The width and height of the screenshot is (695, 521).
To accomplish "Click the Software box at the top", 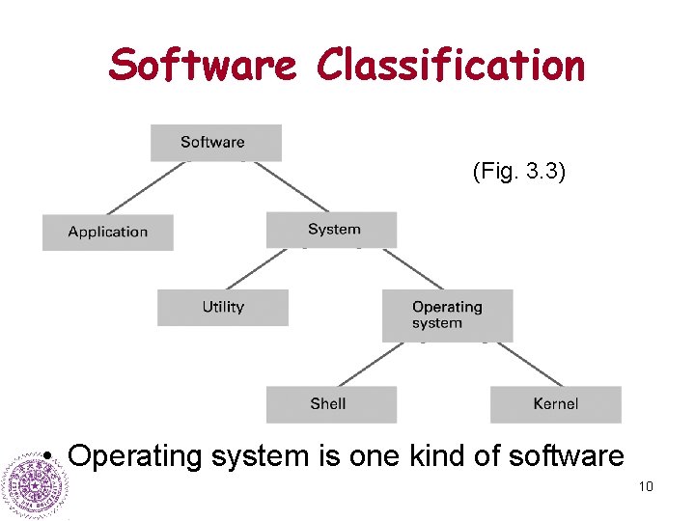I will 215,143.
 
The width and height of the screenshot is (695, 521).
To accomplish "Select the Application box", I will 108,233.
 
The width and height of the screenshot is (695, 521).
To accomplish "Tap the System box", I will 331,230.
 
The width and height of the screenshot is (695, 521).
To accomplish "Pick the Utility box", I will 223,308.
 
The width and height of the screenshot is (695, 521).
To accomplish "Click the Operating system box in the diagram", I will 447,315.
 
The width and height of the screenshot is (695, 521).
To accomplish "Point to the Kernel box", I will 555,404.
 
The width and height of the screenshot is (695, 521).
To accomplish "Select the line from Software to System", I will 292,186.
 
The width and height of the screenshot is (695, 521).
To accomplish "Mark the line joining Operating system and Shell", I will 372,365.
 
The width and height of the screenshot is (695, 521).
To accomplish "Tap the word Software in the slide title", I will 203,66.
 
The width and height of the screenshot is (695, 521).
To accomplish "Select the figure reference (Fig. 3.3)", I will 518,173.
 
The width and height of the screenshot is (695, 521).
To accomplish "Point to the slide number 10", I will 646,486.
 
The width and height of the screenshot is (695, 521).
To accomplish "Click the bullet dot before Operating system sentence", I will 47,456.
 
